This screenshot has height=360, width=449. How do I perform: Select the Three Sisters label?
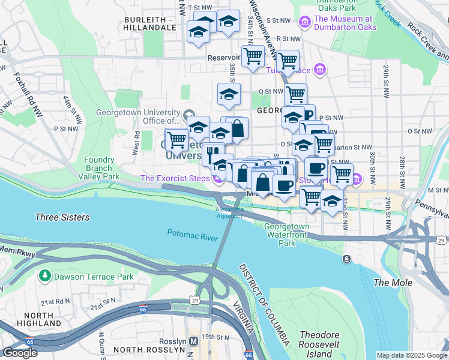(62, 217)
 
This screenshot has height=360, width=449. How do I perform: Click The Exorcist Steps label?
(175, 178)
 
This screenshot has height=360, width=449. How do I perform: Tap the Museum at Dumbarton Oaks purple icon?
(305, 22)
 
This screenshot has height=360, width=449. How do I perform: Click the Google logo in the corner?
(20, 353)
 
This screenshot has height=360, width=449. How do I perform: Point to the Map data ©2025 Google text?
(412, 355)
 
